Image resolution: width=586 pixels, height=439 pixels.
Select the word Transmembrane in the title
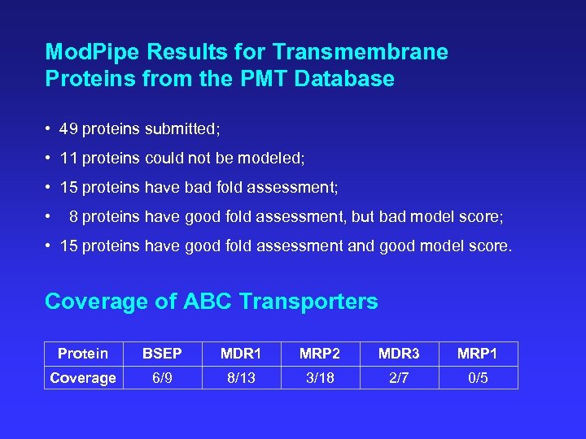click(361, 53)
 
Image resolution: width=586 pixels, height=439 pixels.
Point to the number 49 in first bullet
click(69, 129)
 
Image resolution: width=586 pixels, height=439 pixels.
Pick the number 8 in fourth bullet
click(74, 217)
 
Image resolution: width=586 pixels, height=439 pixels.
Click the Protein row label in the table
click(83, 354)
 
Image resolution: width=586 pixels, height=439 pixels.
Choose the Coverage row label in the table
click(83, 378)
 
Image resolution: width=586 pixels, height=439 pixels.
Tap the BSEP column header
click(162, 354)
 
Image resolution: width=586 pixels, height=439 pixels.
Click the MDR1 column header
click(241, 354)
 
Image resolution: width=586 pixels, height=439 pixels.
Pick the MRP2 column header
click(320, 354)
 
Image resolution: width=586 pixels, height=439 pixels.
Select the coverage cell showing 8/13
click(241, 378)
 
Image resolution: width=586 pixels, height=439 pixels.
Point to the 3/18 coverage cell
click(320, 378)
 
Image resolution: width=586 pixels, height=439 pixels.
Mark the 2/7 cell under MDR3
click(399, 378)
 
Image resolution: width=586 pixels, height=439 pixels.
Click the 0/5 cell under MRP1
click(478, 378)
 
